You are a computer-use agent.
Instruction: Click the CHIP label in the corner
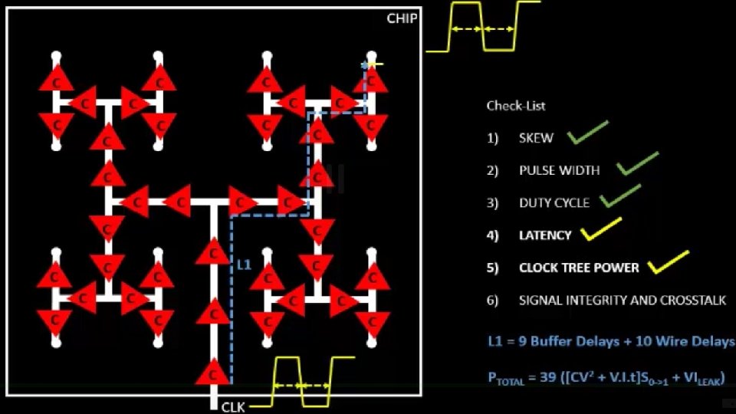(402, 18)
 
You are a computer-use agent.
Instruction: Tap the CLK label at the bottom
(233, 407)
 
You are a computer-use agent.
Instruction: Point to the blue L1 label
(244, 264)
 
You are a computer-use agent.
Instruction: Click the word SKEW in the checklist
(536, 138)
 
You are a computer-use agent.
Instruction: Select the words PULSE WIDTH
(559, 170)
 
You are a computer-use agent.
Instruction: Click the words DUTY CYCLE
(554, 203)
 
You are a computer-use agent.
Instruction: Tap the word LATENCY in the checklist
(545, 235)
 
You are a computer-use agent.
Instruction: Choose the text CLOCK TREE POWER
(579, 268)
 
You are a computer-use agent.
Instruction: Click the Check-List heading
(516, 106)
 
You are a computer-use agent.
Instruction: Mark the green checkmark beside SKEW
(587, 133)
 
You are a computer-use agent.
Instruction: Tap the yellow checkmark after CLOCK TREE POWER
(668, 262)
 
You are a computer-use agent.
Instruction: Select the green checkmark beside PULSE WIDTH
(637, 164)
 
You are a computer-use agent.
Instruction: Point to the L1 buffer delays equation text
(610, 342)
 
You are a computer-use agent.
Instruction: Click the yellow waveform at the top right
(483, 27)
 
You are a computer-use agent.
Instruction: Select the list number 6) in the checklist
(492, 301)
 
